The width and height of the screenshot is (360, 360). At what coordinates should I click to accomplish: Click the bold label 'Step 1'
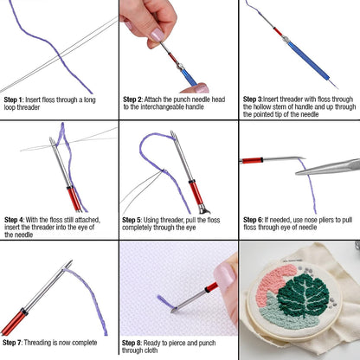click(x=14, y=100)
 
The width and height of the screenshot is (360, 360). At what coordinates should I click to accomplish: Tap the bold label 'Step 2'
click(x=133, y=100)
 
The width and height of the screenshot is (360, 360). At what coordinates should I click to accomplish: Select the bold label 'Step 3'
click(x=254, y=100)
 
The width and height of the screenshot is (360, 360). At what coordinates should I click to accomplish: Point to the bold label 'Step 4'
click(x=14, y=220)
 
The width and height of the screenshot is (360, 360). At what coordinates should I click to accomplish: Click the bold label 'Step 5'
click(x=133, y=220)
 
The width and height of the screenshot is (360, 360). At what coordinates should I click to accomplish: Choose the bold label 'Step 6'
click(x=254, y=220)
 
